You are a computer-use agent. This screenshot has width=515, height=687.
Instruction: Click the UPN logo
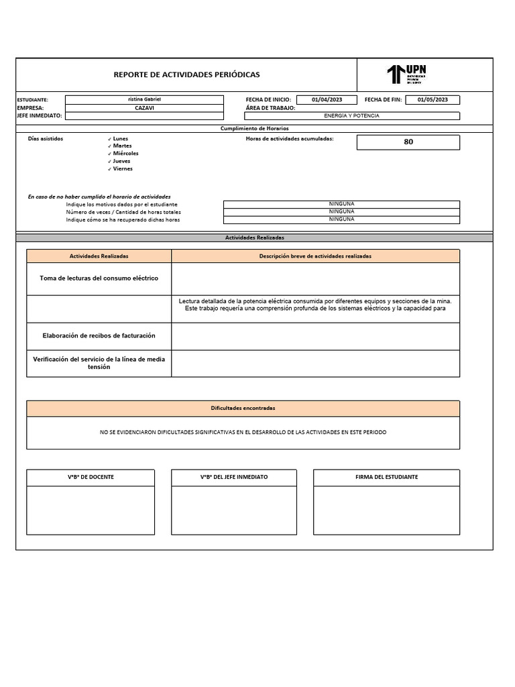tap(406, 74)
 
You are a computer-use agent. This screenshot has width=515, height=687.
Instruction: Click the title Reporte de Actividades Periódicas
tap(186, 74)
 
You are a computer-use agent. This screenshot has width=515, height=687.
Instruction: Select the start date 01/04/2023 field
tap(327, 99)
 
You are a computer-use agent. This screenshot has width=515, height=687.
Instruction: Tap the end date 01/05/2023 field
tap(437, 99)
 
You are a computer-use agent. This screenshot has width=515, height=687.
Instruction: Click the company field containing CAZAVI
tap(144, 107)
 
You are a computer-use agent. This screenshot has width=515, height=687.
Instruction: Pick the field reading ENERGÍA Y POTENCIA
tap(351, 115)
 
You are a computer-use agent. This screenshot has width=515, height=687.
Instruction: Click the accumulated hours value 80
tap(408, 142)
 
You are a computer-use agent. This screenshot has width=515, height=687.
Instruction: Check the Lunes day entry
tap(120, 138)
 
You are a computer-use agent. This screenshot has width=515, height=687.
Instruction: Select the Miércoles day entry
tap(125, 154)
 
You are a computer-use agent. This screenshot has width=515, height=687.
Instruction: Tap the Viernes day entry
tap(123, 168)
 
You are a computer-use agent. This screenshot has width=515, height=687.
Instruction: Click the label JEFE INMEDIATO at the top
tap(39, 115)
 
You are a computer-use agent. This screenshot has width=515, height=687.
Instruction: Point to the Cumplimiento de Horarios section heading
tap(254, 128)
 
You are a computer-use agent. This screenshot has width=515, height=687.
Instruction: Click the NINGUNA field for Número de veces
tap(341, 211)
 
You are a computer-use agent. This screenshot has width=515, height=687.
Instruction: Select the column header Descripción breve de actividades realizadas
tap(315, 256)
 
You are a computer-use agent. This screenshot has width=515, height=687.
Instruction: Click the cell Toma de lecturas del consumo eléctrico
tap(99, 278)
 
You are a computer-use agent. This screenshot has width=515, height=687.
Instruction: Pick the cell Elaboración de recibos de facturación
tap(99, 335)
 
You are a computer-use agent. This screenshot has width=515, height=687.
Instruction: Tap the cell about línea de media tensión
tap(99, 363)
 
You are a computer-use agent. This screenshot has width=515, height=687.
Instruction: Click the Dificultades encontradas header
tap(243, 408)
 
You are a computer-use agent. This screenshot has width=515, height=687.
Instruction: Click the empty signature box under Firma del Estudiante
tap(386, 510)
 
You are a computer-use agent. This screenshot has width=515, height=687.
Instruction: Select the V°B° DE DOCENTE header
tap(91, 477)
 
